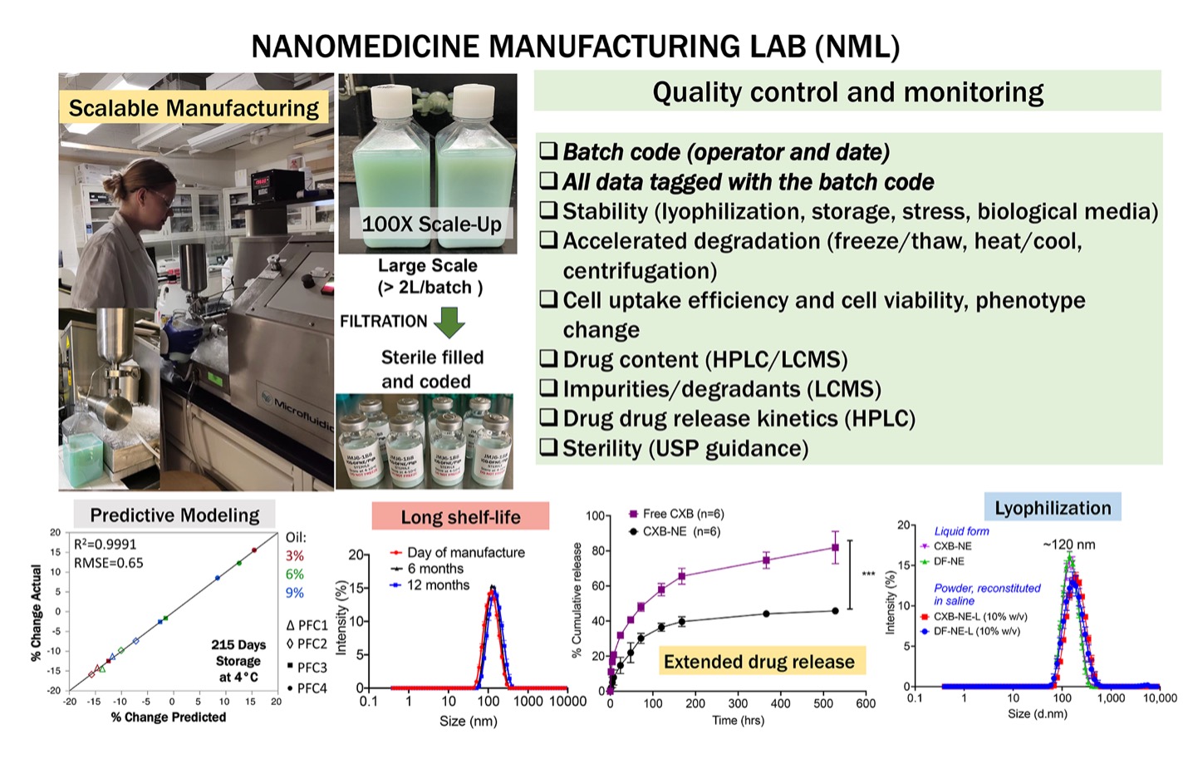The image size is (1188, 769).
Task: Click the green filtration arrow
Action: (449, 323)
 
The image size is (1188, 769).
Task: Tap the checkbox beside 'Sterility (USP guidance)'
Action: (547, 447)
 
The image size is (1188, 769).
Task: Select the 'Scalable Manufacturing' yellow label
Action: (194, 108)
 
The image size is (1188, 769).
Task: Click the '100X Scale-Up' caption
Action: (431, 224)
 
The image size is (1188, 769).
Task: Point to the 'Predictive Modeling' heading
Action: (174, 515)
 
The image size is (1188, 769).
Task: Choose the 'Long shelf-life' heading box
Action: (460, 517)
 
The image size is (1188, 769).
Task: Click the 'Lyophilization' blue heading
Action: (1052, 508)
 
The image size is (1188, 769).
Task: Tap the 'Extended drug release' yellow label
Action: (758, 662)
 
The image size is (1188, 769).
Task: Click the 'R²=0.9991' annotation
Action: (106, 545)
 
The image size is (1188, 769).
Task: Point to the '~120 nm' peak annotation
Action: (1068, 545)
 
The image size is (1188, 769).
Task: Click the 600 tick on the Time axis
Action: (866, 703)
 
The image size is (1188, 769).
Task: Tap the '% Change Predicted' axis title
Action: (169, 717)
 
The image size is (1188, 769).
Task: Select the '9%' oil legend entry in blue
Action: (294, 593)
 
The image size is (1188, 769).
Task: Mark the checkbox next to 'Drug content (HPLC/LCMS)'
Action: (547, 358)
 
